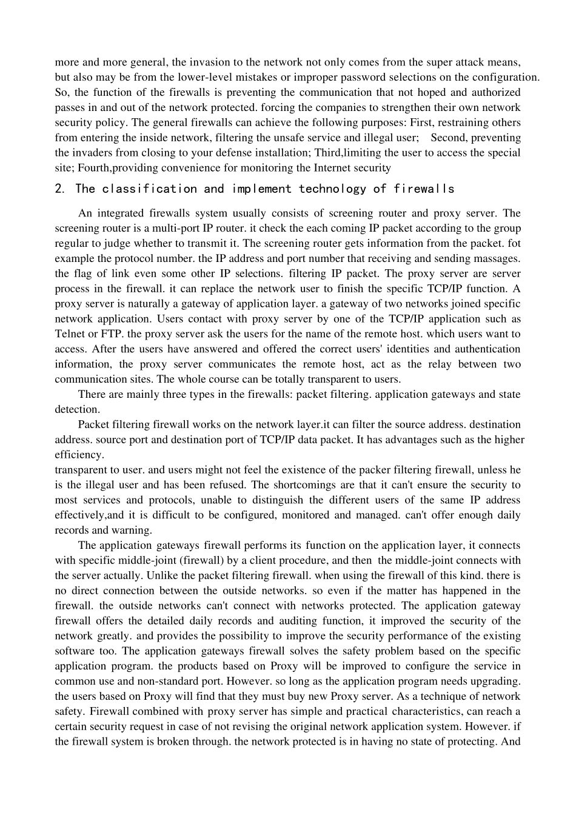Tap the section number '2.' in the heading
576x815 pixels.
click(59, 189)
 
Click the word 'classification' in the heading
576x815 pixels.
click(149, 189)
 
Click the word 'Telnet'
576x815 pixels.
click(70, 334)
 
